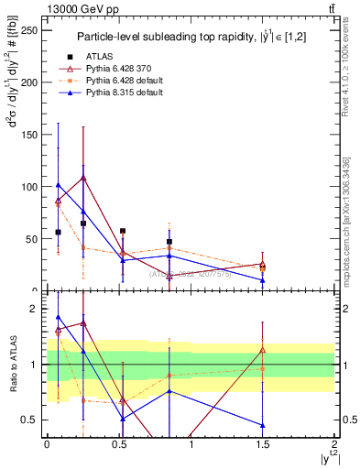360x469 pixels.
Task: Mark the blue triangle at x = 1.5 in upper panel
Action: tap(263, 280)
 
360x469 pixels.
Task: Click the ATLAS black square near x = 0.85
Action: tap(169, 242)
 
